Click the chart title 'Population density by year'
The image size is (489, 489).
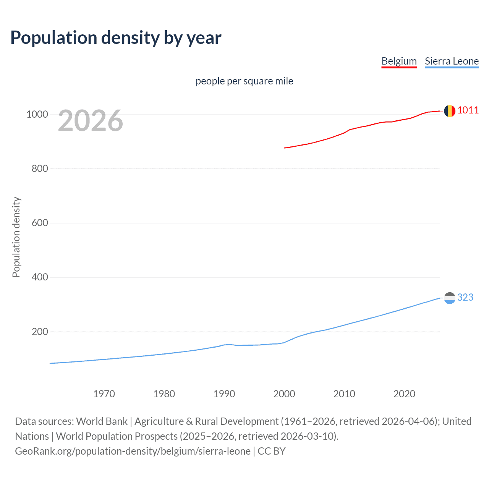tap(116, 37)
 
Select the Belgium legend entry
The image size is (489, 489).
tap(399, 62)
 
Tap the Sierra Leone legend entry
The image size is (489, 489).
tap(452, 62)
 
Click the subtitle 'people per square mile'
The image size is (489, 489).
tap(244, 81)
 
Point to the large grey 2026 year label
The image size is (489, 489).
tap(91, 121)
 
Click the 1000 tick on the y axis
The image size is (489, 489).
tap(37, 114)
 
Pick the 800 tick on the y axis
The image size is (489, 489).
tap(40, 168)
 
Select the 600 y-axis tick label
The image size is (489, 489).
tap(40, 223)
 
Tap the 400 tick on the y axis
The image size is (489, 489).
tap(40, 277)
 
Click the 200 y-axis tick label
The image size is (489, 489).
tap(40, 332)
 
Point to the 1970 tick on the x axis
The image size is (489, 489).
tap(104, 394)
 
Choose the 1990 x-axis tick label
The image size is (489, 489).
tap(224, 394)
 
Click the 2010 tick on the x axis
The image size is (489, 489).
tap(344, 394)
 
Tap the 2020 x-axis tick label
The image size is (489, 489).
tap(404, 394)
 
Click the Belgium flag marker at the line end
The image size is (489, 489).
tap(450, 111)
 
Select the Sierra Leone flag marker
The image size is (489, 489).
tap(450, 298)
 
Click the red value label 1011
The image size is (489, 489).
tap(468, 110)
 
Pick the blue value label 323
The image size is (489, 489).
tap(465, 297)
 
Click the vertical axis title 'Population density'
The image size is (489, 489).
tap(16, 237)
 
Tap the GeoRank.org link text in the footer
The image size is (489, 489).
tap(133, 451)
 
